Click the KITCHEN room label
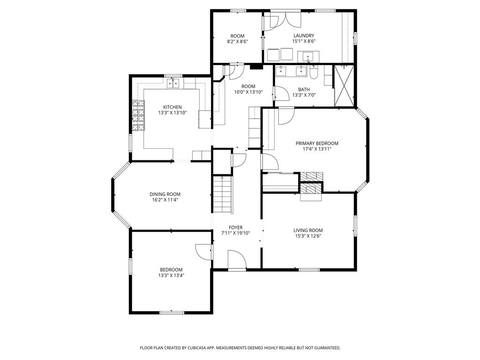tap(172, 107)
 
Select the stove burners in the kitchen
tap(138, 115)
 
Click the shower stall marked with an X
tap(344, 86)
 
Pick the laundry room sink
tap(308, 57)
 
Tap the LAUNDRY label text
tap(303, 36)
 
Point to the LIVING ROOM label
tap(308, 230)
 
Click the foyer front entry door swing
tap(236, 259)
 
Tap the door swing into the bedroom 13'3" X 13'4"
tap(204, 253)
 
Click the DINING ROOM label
tap(165, 194)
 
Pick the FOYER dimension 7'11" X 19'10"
tap(236, 233)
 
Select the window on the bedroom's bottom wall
tap(171, 312)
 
